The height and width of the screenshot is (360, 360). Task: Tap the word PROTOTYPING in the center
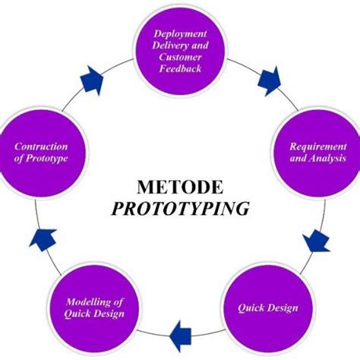click(180, 208)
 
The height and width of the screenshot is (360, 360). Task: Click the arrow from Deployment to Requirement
click(268, 78)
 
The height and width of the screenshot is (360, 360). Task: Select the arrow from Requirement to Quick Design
click(316, 242)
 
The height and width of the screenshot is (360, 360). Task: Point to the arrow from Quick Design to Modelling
click(180, 330)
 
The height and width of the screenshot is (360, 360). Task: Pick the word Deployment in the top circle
click(180, 33)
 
